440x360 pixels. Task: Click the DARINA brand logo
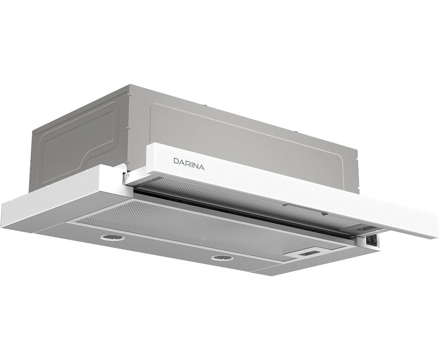coord(189,164)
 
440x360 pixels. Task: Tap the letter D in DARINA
coord(176,161)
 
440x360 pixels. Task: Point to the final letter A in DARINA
coord(202,167)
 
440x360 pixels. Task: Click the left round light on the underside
coord(110,238)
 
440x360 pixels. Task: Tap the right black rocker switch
coord(373,240)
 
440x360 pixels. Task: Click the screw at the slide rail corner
coord(127,176)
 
